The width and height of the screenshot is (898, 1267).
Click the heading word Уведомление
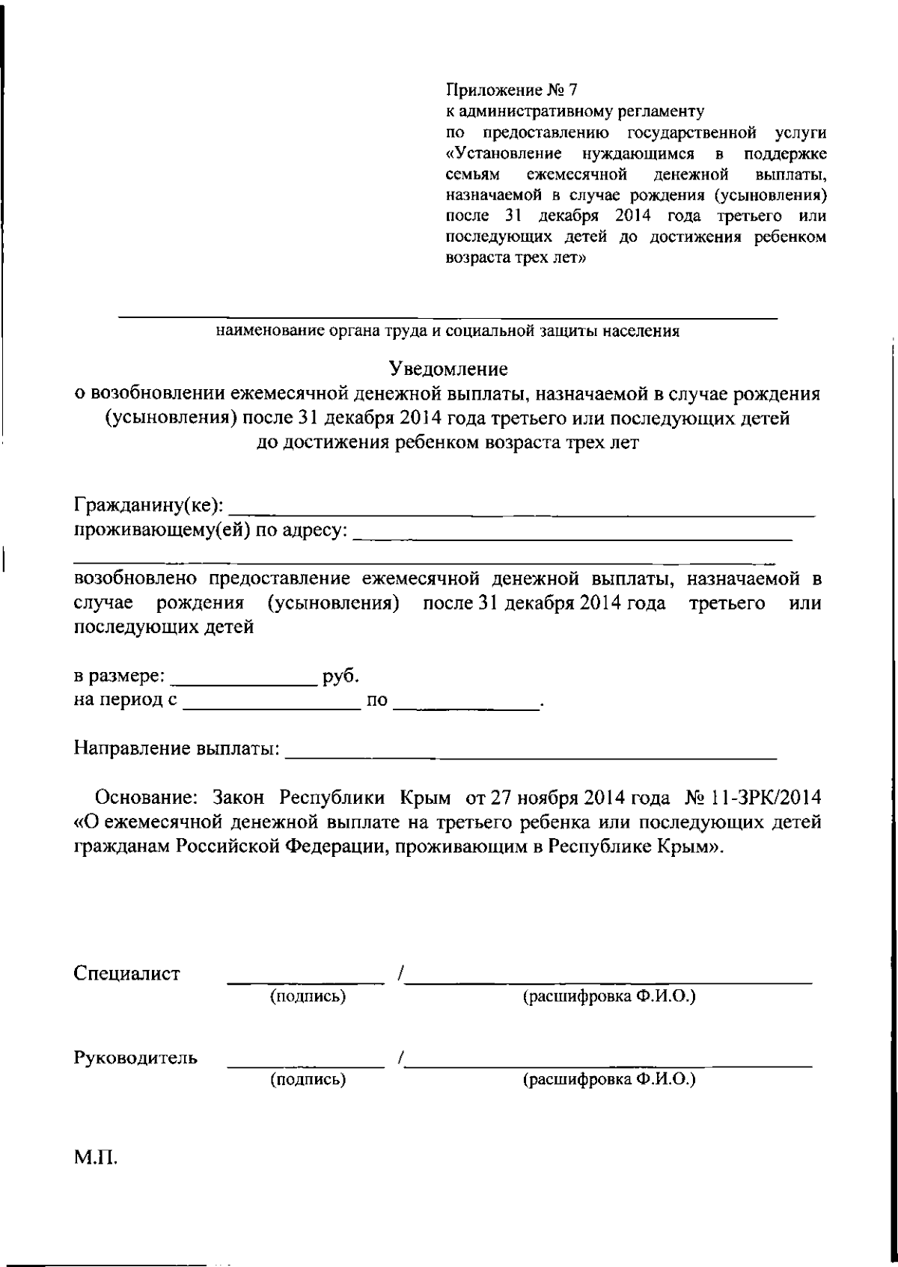pyautogui.click(x=448, y=369)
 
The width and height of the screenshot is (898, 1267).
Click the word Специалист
pyautogui.click(x=127, y=974)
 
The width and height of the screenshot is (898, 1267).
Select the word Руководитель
pyautogui.click(x=136, y=1058)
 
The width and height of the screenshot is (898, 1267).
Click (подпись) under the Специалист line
pyautogui.click(x=308, y=996)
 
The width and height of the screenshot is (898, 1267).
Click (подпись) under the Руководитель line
pyautogui.click(x=308, y=1080)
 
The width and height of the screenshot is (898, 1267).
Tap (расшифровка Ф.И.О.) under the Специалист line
pyautogui.click(x=609, y=996)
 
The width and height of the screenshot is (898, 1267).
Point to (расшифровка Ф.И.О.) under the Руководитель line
pyautogui.click(x=609, y=1080)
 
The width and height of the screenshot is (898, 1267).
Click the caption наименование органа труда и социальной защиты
pyautogui.click(x=448, y=332)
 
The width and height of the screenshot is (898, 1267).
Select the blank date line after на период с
pyautogui.click(x=272, y=706)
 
